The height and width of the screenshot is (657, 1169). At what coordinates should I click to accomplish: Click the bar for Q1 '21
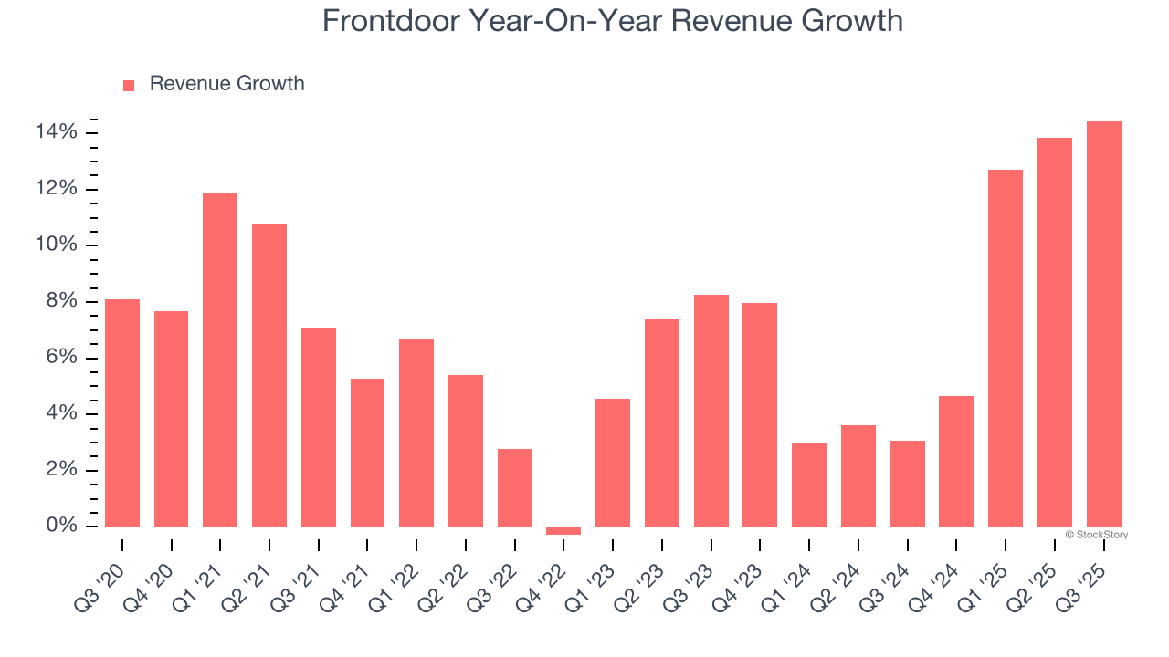tap(220, 360)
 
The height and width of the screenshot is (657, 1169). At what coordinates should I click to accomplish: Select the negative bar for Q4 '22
tap(563, 530)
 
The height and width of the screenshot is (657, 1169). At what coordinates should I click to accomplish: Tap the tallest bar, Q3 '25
tap(1103, 324)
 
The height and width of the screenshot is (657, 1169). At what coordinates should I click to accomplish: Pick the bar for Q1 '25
tap(1005, 348)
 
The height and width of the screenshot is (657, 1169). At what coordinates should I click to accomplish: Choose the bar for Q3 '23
tap(711, 411)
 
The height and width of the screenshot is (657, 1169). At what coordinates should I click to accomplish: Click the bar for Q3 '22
tap(515, 487)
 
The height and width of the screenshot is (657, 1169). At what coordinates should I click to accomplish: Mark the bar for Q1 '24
tap(809, 485)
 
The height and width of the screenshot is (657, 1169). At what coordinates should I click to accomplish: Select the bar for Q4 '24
tap(956, 461)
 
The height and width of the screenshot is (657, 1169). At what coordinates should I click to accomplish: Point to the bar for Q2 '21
tap(269, 375)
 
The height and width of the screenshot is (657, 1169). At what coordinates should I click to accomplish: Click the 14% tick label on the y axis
tap(57, 133)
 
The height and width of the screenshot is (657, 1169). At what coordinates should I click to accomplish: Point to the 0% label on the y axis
tap(62, 527)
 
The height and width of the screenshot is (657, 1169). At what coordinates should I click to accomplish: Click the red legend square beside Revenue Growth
tap(129, 85)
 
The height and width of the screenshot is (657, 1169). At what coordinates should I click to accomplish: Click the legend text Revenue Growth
tap(226, 84)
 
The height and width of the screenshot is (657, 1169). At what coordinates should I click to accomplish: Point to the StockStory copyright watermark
tap(1096, 535)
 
